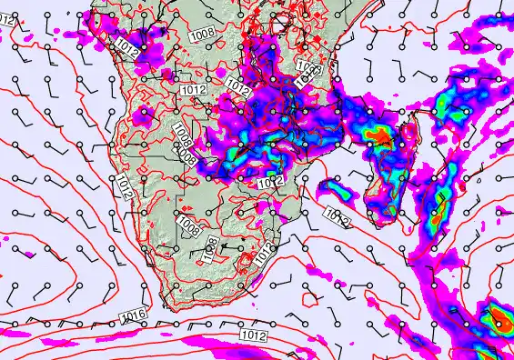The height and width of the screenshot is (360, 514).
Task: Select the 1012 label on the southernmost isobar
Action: (254, 336)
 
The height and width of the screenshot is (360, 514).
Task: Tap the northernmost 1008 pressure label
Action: (202, 34)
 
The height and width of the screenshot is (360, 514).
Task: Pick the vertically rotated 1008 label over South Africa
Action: (210, 248)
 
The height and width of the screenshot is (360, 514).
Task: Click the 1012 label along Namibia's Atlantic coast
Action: (125, 187)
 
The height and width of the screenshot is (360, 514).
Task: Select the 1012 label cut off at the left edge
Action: (5, 19)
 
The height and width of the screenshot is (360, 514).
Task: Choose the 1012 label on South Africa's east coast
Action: (264, 255)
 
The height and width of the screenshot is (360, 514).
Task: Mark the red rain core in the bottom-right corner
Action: (499, 320)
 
